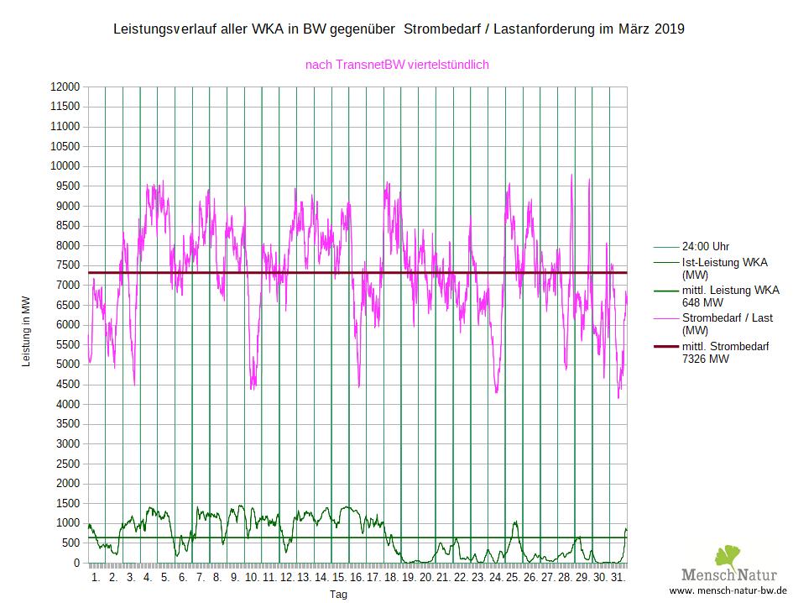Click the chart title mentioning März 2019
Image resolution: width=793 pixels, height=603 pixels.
399,29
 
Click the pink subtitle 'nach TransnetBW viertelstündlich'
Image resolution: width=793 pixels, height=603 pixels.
397,64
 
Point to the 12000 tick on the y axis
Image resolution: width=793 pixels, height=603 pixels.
65,87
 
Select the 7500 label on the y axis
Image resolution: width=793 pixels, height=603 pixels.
67,265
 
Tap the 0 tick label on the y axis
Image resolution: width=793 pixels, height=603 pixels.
76,563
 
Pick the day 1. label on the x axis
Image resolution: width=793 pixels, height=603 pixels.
96,579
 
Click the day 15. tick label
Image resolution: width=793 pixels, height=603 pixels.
339,579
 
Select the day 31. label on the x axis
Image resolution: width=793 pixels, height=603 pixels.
617,579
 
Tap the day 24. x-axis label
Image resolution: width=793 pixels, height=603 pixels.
495,579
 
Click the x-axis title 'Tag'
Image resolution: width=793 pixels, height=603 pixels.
338,594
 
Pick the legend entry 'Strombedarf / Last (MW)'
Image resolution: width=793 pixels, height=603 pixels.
727,324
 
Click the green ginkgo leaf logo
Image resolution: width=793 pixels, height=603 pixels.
727,557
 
